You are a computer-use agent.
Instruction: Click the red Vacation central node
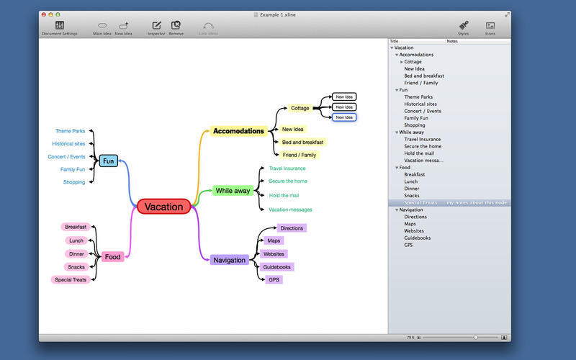coord(163,207)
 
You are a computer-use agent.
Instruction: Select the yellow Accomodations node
coord(238,131)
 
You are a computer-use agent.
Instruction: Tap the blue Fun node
coord(109,161)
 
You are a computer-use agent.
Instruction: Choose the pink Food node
coord(112,256)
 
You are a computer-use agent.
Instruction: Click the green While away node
coord(232,191)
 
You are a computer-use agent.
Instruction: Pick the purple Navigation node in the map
coord(230,260)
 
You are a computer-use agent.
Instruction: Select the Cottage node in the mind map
coord(300,108)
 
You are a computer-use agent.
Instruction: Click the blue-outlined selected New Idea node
coord(343,117)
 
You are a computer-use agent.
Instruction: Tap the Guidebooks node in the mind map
coord(276,267)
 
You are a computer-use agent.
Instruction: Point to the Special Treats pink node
coord(71,279)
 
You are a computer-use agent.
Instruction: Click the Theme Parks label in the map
coord(70,131)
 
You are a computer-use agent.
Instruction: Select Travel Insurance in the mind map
coord(287,168)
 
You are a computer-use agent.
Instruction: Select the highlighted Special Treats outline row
coord(421,203)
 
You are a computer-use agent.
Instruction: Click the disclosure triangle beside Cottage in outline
coord(402,62)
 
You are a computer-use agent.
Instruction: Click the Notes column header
coord(452,41)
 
